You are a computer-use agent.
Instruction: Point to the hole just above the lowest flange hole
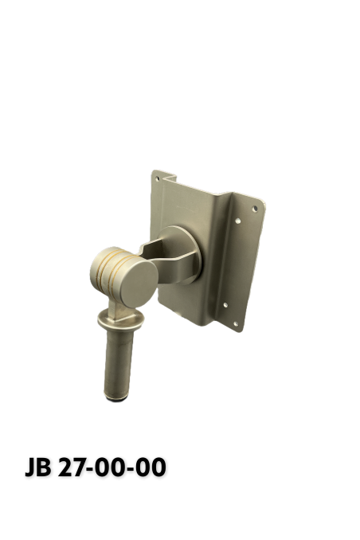click(225, 303)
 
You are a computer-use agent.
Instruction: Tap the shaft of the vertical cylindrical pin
click(115, 362)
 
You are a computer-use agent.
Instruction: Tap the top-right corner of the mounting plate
click(262, 198)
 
